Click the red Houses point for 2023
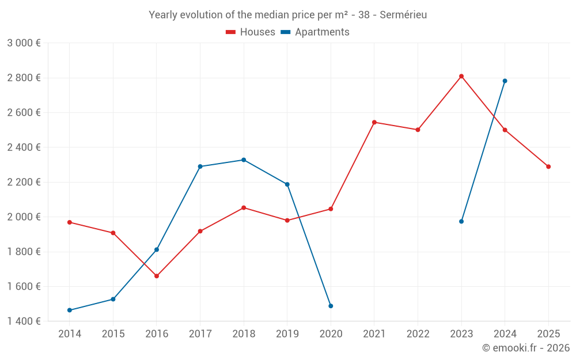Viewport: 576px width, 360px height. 461,77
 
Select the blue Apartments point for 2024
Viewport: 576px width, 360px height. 505,81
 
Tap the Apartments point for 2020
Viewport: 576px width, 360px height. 331,306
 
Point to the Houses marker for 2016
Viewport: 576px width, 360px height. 157,276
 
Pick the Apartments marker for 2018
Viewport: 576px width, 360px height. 244,160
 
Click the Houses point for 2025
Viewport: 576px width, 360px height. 548,167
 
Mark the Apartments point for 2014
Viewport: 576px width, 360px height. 70,310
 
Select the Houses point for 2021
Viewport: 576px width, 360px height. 374,122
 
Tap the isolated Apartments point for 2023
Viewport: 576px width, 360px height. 461,222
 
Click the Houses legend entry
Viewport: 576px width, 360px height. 251,32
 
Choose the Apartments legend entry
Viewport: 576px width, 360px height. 315,32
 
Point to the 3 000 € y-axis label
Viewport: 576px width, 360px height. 24,43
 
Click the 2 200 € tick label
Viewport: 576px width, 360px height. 24,182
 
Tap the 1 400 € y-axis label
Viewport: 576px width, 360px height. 24,321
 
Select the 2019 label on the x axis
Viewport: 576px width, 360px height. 287,334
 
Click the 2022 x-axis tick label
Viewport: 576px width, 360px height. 418,334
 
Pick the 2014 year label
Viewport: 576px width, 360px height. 70,334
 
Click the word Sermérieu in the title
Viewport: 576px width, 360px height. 403,15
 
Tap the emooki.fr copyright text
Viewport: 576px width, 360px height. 526,347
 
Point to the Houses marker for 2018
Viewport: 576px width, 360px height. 244,208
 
